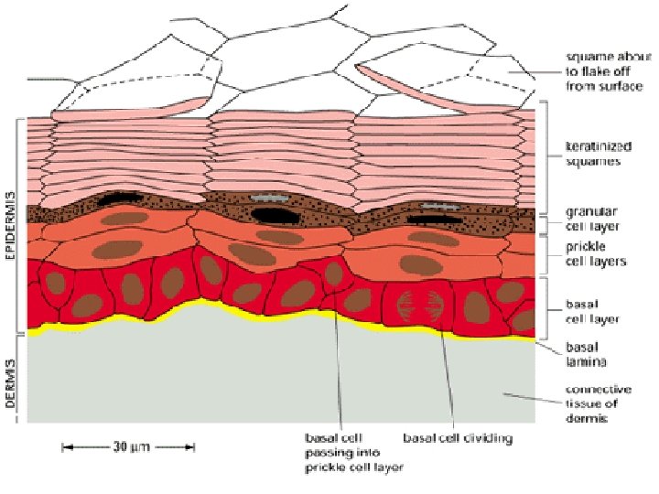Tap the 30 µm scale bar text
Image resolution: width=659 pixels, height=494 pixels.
[x=129, y=447]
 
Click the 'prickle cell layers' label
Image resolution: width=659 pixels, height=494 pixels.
[x=593, y=254]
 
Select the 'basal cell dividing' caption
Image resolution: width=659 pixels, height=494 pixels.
[x=458, y=437]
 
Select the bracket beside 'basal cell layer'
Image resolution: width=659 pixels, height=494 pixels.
[x=546, y=307]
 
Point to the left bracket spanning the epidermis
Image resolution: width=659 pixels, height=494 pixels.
[x=17, y=224]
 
